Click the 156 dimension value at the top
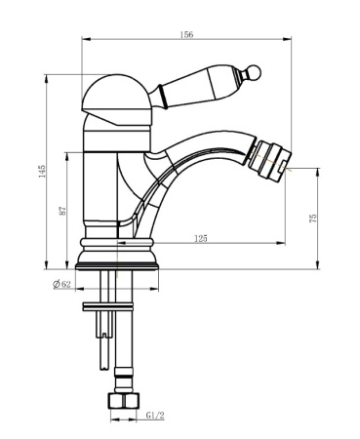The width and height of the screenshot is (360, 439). [x=186, y=34]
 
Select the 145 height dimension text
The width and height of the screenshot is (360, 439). [x=42, y=171]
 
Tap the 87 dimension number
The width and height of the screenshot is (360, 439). [x=62, y=211]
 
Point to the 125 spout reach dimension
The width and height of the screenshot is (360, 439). [x=201, y=238]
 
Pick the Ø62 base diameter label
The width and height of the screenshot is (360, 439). [x=61, y=284]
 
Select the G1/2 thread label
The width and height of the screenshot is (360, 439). [x=155, y=416]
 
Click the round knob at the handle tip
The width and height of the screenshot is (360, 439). [x=254, y=72]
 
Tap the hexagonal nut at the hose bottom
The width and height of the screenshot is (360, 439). [x=123, y=400]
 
